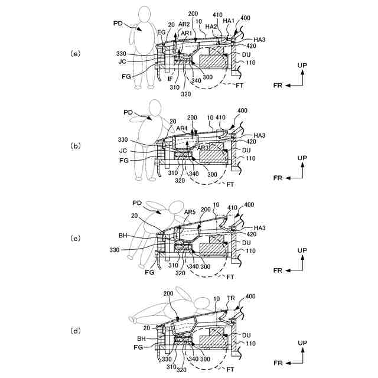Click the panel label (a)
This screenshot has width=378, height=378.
(75, 53)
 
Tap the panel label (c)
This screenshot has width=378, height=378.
(75, 239)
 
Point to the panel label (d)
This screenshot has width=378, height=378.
(75, 331)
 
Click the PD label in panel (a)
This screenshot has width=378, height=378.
(118, 24)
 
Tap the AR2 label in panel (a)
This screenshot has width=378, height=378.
(184, 24)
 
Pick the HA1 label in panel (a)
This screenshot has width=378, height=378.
(229, 21)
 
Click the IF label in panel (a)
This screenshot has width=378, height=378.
(170, 78)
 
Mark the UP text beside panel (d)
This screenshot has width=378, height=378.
(302, 343)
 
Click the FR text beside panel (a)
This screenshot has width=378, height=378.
(278, 86)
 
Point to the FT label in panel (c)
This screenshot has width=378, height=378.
(231, 276)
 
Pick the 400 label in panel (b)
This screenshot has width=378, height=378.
(243, 110)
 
